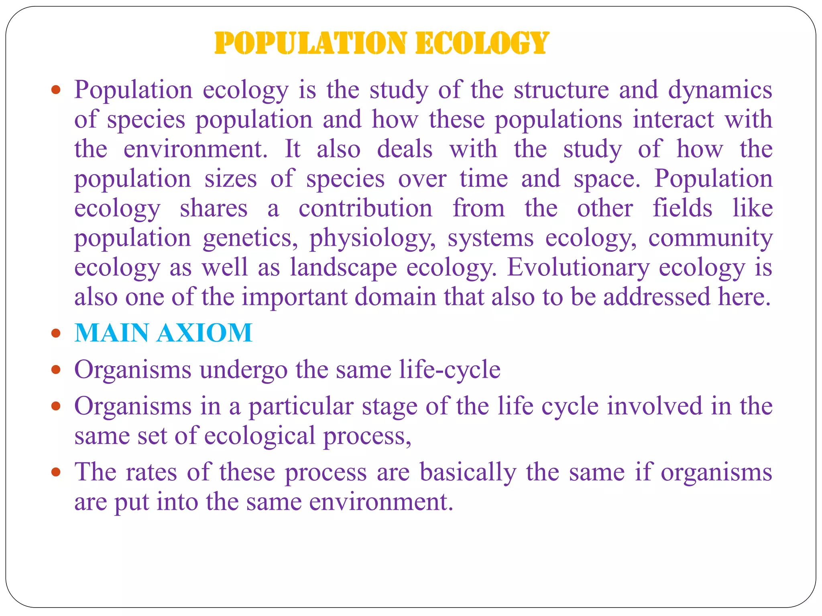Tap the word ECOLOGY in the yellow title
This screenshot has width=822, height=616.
482,43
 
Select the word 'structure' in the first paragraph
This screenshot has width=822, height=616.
562,89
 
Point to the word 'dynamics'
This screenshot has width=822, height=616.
720,90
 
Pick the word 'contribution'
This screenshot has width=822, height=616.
365,209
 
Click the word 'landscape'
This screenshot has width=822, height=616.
343,268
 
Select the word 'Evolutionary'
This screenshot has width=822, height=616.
578,268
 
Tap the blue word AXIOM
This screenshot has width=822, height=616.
205,333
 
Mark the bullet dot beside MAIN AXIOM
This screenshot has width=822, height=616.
56,333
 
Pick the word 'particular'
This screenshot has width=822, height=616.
301,406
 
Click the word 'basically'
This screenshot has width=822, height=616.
468,472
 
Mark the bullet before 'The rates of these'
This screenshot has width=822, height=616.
56,472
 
